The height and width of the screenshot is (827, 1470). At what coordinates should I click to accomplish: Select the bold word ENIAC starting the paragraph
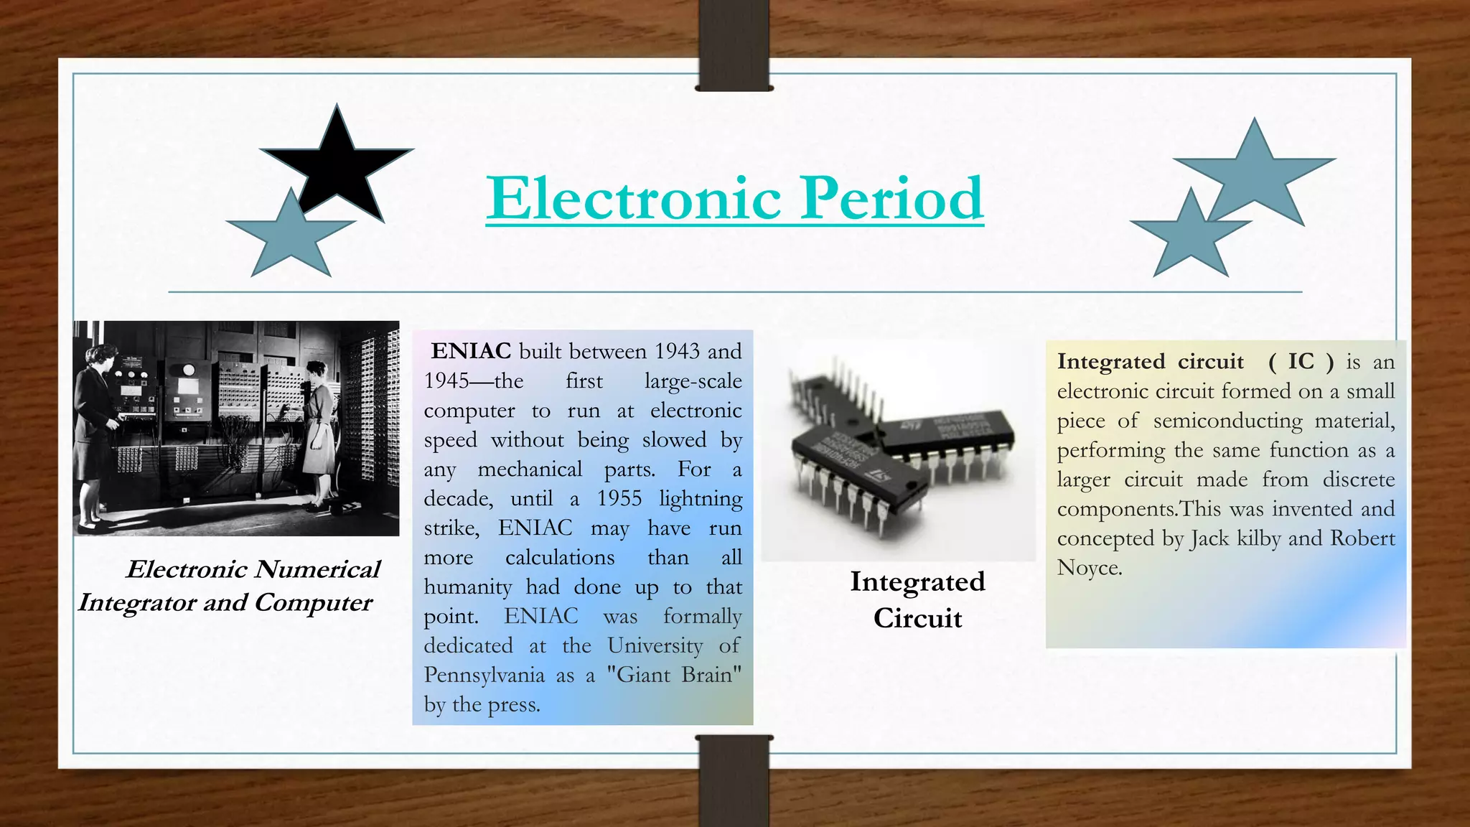(x=471, y=351)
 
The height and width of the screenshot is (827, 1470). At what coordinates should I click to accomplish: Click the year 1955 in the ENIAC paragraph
(x=619, y=498)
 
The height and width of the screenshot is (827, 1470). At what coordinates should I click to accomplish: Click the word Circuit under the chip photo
(x=917, y=618)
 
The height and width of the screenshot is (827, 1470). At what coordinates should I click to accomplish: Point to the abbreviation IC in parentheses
(x=1301, y=361)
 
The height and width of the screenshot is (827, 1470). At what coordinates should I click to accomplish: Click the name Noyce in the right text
(x=1088, y=568)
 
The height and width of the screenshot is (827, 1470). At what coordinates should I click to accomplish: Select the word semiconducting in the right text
(x=1227, y=421)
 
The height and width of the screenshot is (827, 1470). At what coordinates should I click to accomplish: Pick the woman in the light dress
(x=318, y=431)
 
